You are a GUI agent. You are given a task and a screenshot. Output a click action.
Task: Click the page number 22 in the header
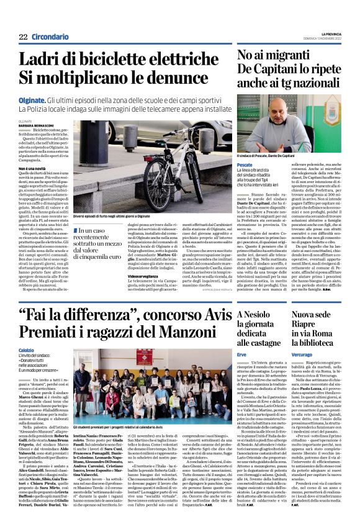tap(22, 37)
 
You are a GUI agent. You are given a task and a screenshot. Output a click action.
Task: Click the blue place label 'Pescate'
tap(245, 164)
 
